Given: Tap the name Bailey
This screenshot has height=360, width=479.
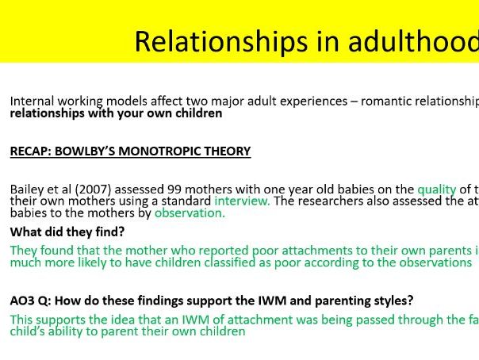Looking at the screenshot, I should (x=26, y=190).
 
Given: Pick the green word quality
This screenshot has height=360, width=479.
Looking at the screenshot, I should (x=436, y=190).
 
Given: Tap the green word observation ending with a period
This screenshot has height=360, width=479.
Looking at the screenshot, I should (x=190, y=213).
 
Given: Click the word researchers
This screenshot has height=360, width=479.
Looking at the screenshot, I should (x=327, y=201).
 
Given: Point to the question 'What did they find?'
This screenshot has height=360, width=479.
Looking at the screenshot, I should (x=67, y=232).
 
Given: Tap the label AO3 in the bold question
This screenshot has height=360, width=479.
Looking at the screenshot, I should (x=22, y=301).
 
